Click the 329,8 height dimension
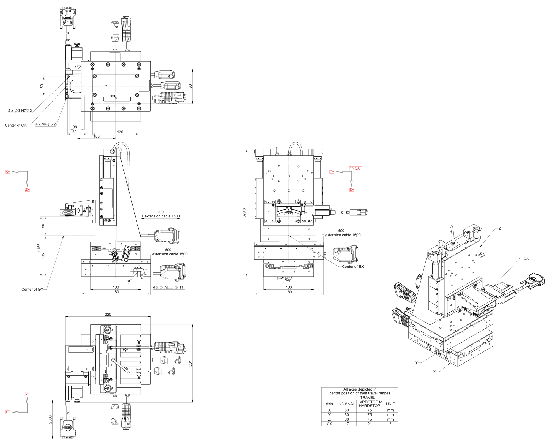pyautogui.click(x=244, y=213)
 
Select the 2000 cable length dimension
pyautogui.click(x=50, y=419)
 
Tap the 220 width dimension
pyautogui.click(x=108, y=314)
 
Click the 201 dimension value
pyautogui.click(x=190, y=363)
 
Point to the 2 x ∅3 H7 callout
pyautogui.click(x=20, y=111)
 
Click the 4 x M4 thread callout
pyautogui.click(x=45, y=124)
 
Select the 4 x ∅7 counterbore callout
pyautogui.click(x=168, y=287)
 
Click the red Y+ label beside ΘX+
pyautogui.click(x=332, y=172)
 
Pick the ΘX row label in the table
pyautogui.click(x=329, y=424)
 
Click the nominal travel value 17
pyautogui.click(x=346, y=424)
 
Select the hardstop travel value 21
pyautogui.click(x=369, y=424)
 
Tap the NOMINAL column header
pyautogui.click(x=346, y=404)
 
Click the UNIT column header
pyautogui.click(x=390, y=404)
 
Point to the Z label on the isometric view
pyautogui.click(x=500, y=228)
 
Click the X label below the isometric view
pyautogui.click(x=435, y=372)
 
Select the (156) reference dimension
pyautogui.click(x=39, y=246)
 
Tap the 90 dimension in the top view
pyautogui.click(x=190, y=86)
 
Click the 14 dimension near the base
pyautogui.click(x=129, y=282)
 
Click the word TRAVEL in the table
pyautogui.click(x=367, y=398)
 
